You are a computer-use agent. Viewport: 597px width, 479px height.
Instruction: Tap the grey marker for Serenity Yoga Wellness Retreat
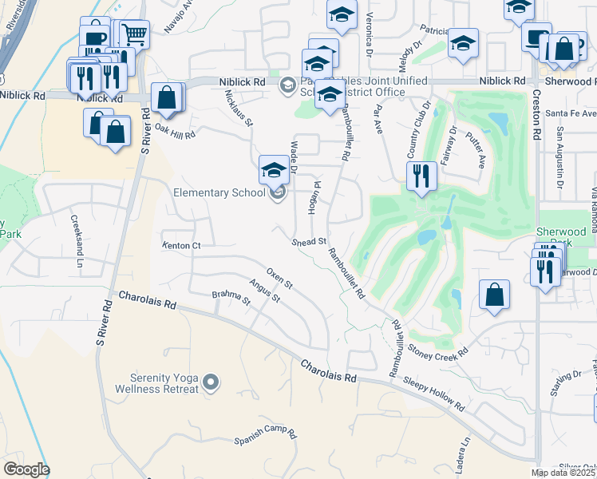211,383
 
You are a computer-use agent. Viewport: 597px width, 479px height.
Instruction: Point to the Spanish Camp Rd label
266,438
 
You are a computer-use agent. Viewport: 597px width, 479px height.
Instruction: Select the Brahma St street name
231,299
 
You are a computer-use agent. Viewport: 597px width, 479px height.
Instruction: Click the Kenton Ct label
181,246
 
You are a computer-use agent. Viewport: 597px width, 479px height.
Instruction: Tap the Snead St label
310,241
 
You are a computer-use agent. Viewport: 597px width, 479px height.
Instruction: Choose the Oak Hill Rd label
175,130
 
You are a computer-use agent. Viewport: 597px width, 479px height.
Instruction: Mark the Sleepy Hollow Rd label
433,392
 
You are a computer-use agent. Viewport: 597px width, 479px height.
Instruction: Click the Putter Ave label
476,149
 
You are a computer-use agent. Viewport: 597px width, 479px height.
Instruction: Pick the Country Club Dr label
417,130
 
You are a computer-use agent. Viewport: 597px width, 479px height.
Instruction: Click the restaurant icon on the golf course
421,175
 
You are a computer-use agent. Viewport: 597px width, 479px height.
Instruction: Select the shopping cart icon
134,34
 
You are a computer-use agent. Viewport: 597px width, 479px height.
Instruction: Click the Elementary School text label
219,192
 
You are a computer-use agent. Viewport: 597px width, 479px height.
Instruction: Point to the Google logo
26,469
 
